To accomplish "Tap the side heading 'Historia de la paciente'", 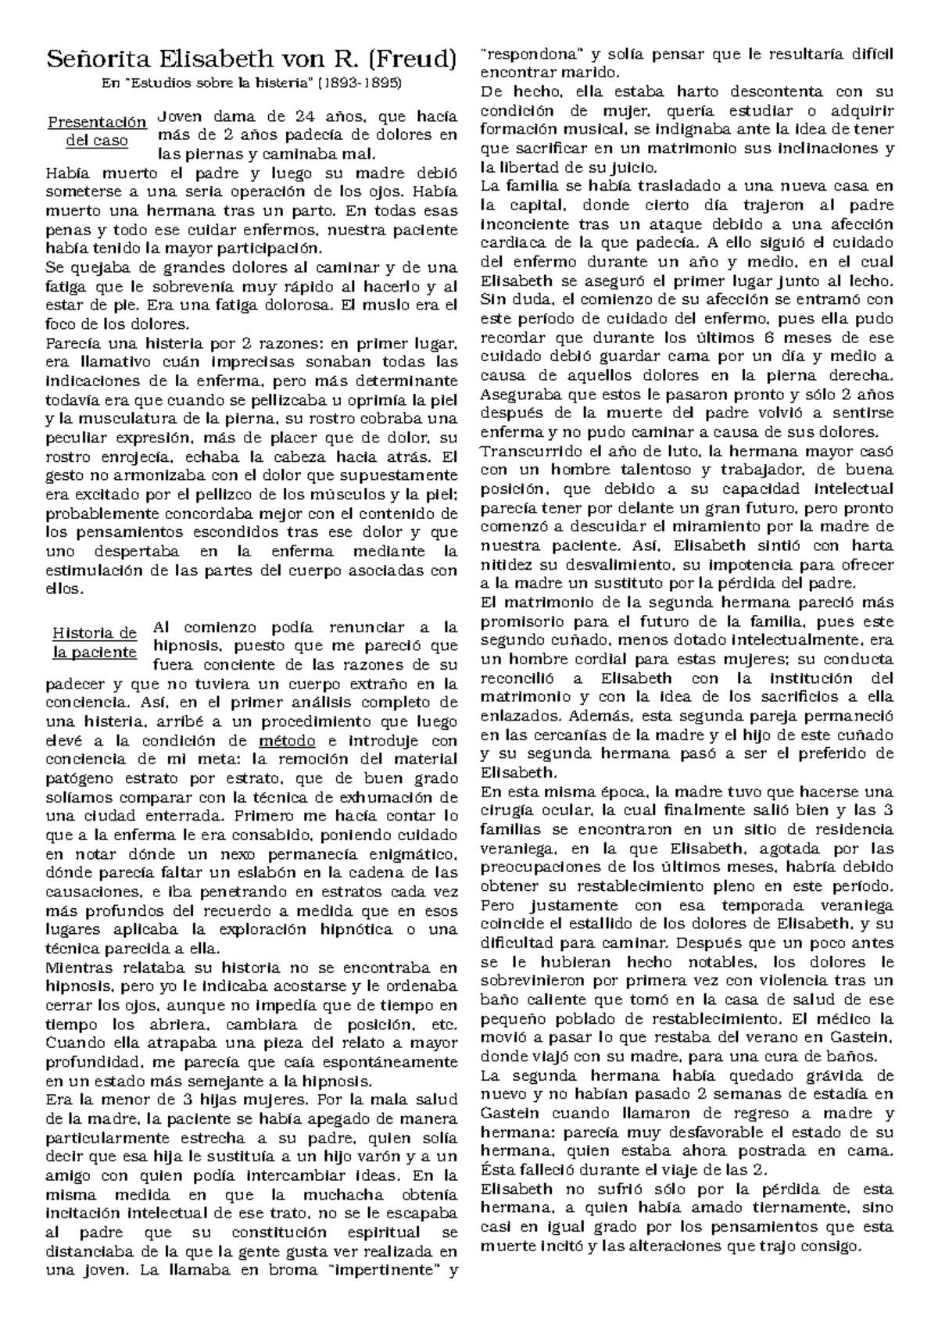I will click(x=95, y=642).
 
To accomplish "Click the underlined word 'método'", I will click(x=286, y=741).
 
